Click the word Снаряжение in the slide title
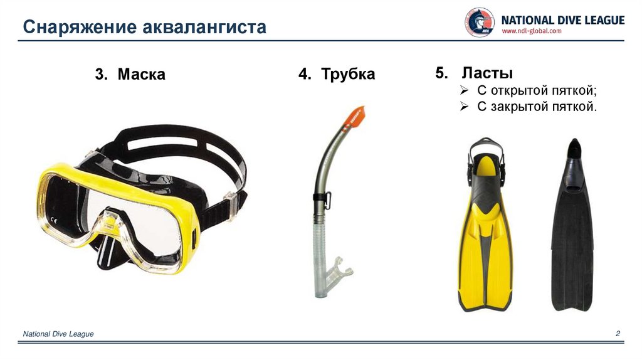pyautogui.click(x=80, y=28)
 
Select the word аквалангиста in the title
pyautogui.click(x=205, y=28)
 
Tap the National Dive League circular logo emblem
pyautogui.click(x=480, y=22)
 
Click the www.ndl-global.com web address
pyautogui.click(x=532, y=31)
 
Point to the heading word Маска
pyautogui.click(x=141, y=74)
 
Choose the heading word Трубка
pyautogui.click(x=348, y=74)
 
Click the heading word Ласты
pyautogui.click(x=487, y=73)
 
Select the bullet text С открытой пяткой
pyautogui.click(x=537, y=90)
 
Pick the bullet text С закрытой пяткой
pyautogui.click(x=537, y=107)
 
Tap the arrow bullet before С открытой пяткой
pyautogui.click(x=464, y=90)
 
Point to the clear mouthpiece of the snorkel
pyautogui.click(x=339, y=269)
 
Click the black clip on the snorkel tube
pyautogui.click(x=322, y=199)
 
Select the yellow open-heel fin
pyautogui.click(x=485, y=225)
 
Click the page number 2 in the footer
pyautogui.click(x=618, y=334)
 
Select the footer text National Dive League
pyautogui.click(x=58, y=334)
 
